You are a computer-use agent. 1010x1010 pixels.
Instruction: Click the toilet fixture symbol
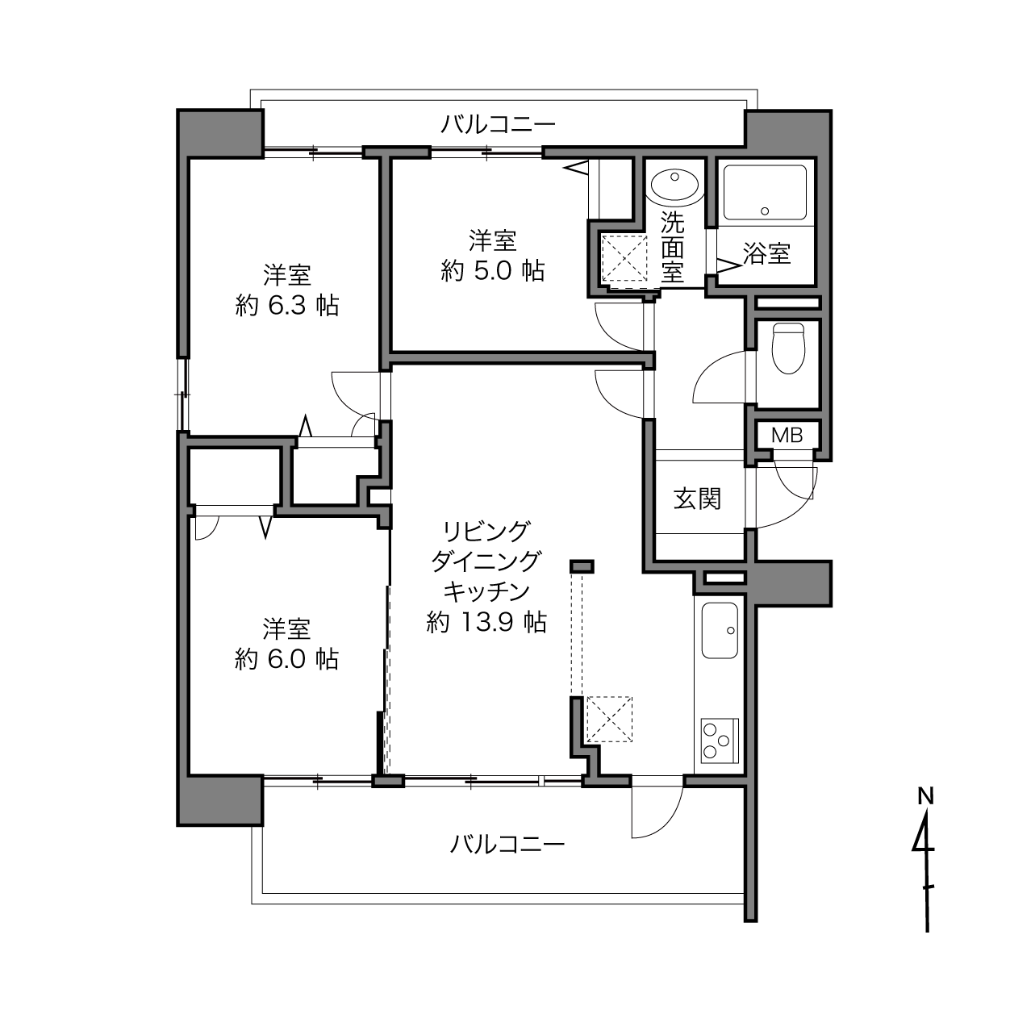pyautogui.click(x=788, y=348)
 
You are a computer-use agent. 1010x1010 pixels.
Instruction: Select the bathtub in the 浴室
pyautogui.click(x=765, y=192)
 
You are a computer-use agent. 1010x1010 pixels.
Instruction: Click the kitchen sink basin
pyautogui.click(x=720, y=630)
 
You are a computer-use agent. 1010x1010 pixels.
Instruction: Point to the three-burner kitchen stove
pyautogui.click(x=720, y=741)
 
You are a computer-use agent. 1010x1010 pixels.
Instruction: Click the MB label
pyautogui.click(x=787, y=436)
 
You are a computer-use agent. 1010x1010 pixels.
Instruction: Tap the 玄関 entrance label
pyautogui.click(x=697, y=499)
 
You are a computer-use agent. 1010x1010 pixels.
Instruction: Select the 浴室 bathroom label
pyautogui.click(x=767, y=253)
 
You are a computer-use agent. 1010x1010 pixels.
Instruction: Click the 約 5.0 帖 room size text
pyautogui.click(x=493, y=271)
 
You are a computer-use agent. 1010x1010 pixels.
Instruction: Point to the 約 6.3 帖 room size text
pyautogui.click(x=287, y=306)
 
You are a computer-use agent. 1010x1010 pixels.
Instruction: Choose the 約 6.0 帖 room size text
pyautogui.click(x=286, y=659)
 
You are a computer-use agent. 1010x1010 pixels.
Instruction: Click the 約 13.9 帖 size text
pyautogui.click(x=487, y=622)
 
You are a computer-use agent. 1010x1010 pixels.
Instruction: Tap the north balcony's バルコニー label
pyautogui.click(x=498, y=125)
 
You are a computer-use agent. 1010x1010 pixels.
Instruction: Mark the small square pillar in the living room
pyautogui.click(x=582, y=566)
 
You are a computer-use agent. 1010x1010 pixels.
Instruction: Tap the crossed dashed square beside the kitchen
pyautogui.click(x=609, y=719)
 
